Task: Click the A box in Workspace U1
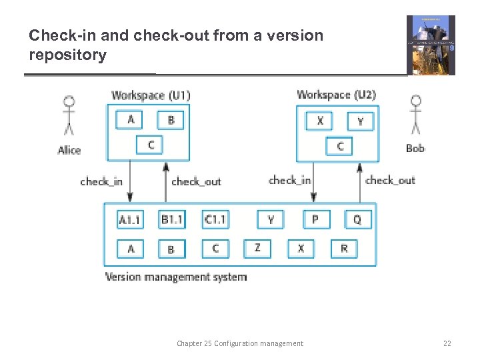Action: [x=131, y=119]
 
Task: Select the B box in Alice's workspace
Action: [x=171, y=120]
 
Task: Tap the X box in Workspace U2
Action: [x=319, y=121]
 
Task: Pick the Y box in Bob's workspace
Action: [x=361, y=121]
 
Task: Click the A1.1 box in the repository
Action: [x=131, y=219]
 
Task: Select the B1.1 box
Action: [x=171, y=219]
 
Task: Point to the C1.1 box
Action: [x=215, y=219]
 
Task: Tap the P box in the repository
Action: [x=316, y=219]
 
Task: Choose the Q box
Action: [x=358, y=219]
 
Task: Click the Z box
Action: [x=257, y=248]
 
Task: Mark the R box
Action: [x=344, y=248]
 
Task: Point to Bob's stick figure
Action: [x=415, y=117]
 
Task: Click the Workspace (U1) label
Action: [x=151, y=95]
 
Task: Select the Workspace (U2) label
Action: [x=336, y=95]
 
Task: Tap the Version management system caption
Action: [x=176, y=277]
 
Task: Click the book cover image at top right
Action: [x=431, y=45]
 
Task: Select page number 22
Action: [x=447, y=343]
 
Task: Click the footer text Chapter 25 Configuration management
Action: [x=239, y=343]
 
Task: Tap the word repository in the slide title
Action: [x=67, y=55]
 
